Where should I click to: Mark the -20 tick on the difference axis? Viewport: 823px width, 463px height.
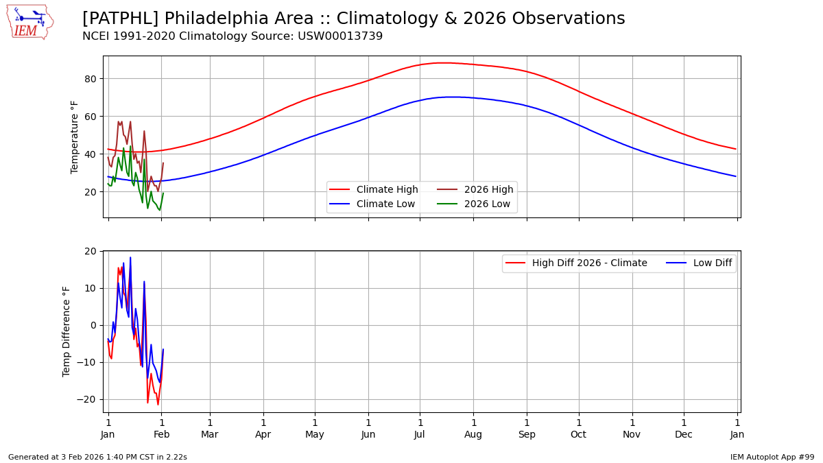[88, 399]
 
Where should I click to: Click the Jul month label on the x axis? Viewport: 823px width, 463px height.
[420, 434]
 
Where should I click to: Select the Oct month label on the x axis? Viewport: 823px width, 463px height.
[579, 434]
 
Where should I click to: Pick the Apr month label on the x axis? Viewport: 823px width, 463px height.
[263, 434]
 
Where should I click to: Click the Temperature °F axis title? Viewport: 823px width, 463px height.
[75, 136]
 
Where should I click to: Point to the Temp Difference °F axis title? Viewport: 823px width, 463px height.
[67, 331]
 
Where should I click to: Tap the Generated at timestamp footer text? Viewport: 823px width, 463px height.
[97, 457]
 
